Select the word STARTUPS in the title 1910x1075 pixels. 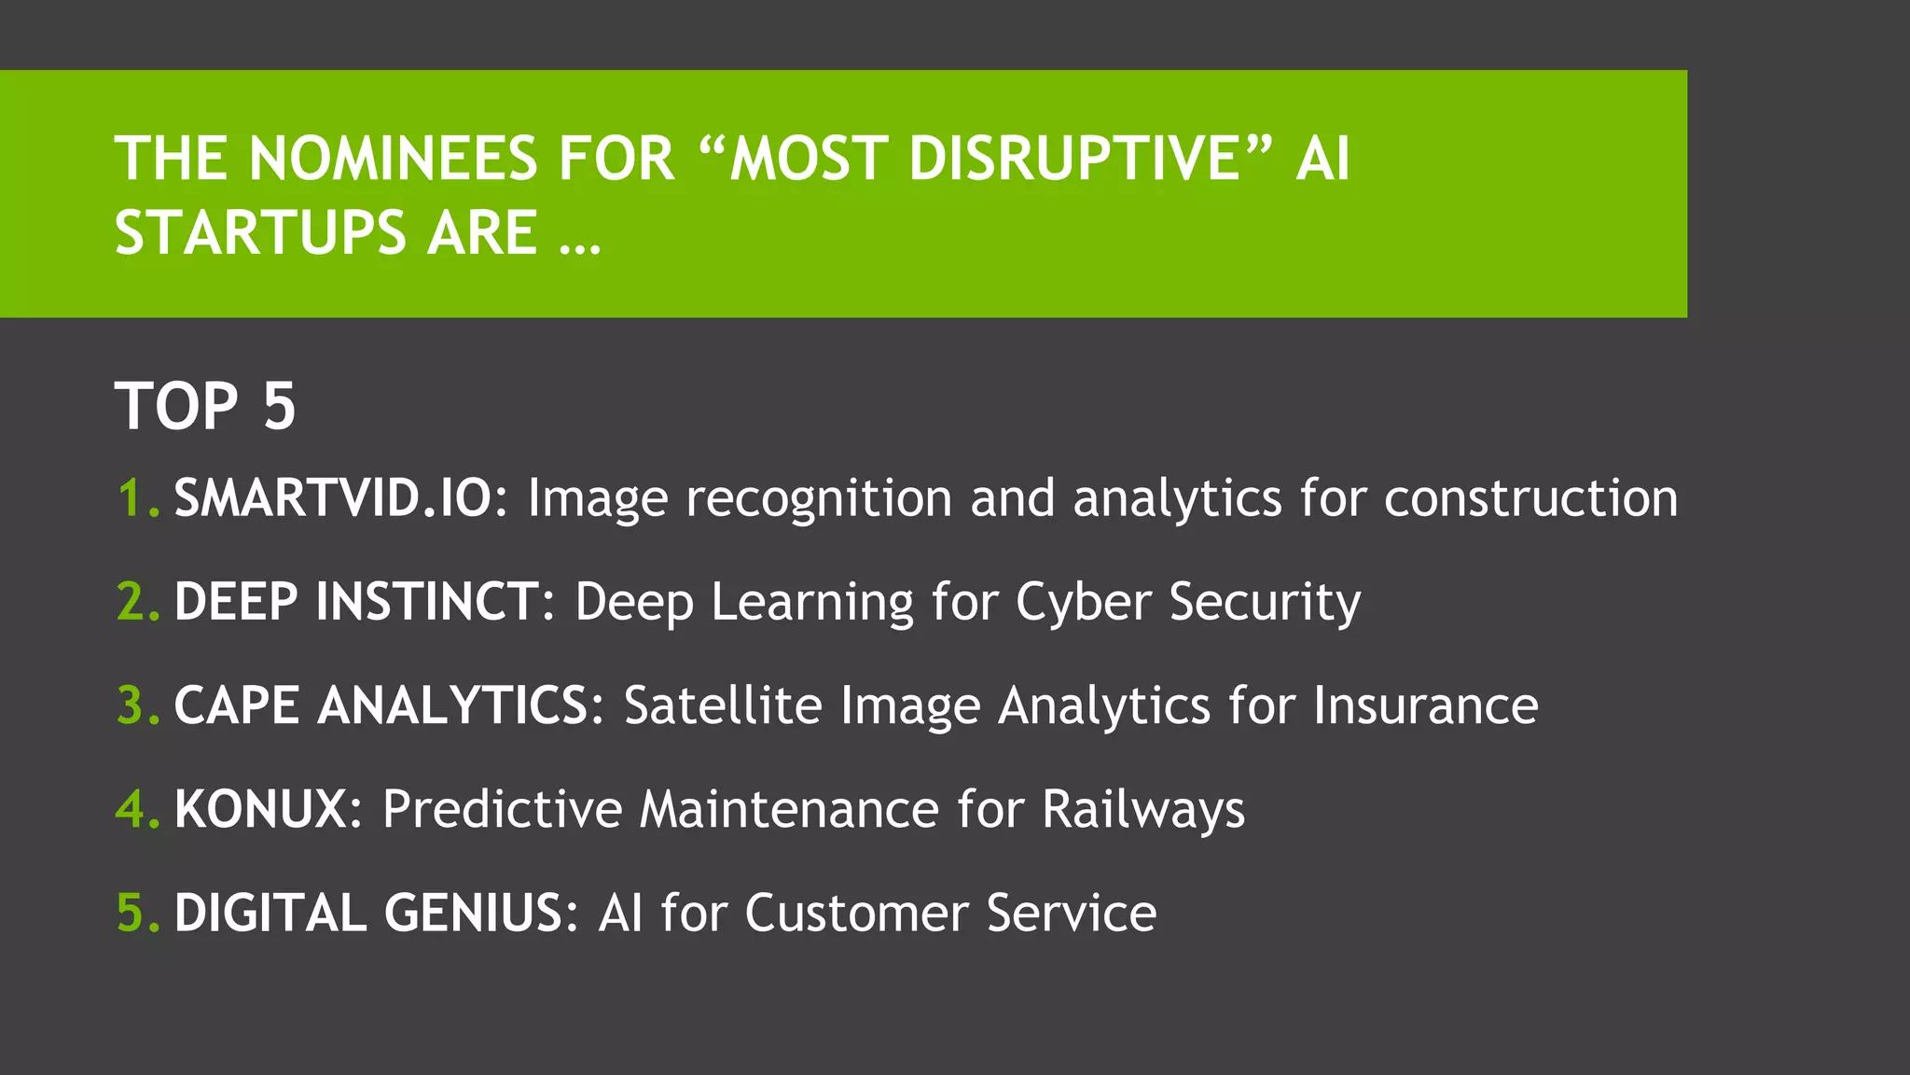[x=260, y=232]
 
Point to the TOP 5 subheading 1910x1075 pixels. [x=205, y=406]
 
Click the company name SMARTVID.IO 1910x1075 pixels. [x=333, y=497]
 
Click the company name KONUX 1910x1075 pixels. [x=261, y=808]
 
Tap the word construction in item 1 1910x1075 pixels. [x=1530, y=497]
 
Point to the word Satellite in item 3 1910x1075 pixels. [x=723, y=705]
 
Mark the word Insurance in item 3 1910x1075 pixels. [x=1426, y=705]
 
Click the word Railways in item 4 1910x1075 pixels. [x=1143, y=810]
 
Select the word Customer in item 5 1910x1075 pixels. [x=856, y=912]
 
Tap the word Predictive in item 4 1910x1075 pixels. [x=502, y=808]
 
